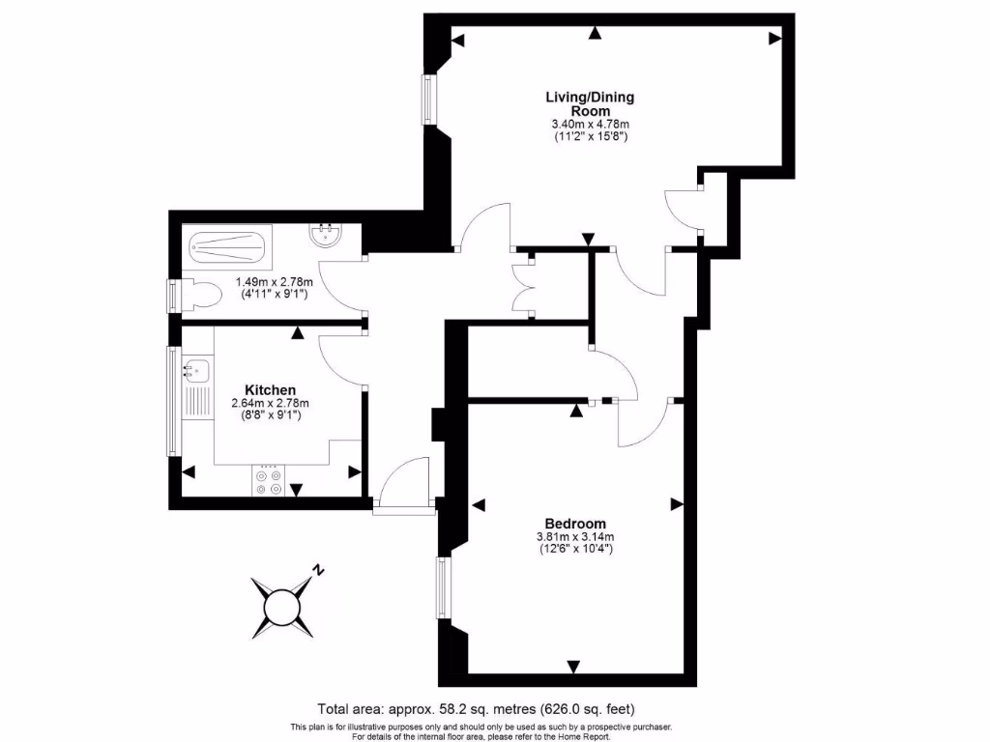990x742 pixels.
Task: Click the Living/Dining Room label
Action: [x=590, y=103]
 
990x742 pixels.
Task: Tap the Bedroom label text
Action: [x=575, y=523]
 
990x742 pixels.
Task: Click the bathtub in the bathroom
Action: [x=226, y=247]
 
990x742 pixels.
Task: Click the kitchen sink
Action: [x=196, y=369]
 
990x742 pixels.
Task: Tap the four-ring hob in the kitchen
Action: [x=268, y=481]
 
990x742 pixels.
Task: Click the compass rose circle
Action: [x=282, y=607]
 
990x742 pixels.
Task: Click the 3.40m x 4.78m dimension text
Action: [x=590, y=124]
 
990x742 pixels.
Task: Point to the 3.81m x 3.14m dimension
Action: [x=576, y=537]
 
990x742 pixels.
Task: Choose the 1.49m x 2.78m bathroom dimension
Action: [x=272, y=283]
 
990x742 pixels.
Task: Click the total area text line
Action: [x=477, y=708]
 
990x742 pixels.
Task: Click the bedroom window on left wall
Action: [x=443, y=587]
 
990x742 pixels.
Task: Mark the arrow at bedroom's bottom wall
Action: [x=574, y=666]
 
